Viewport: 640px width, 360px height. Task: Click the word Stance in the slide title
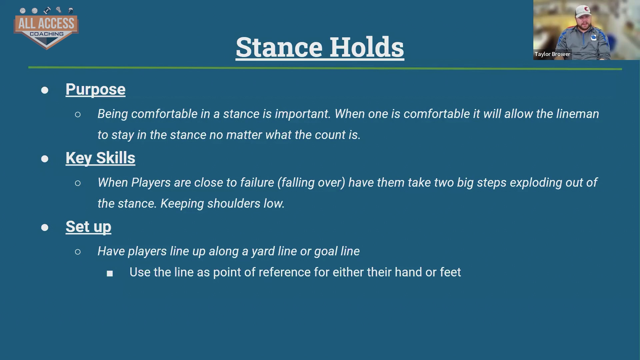point(279,47)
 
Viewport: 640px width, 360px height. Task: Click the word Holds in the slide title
point(367,47)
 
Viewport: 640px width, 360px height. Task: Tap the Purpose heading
point(95,90)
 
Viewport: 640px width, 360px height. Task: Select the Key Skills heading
point(100,158)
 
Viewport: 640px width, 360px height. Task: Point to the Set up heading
point(88,227)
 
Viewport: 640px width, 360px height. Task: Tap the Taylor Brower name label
point(552,54)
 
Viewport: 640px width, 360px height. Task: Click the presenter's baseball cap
point(583,11)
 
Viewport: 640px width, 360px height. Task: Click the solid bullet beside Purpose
point(45,90)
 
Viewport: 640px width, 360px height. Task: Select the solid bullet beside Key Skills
point(45,159)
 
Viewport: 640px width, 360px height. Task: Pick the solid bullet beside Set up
point(45,228)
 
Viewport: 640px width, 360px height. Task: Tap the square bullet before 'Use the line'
point(110,274)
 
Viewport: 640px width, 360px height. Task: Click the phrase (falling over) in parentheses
point(311,183)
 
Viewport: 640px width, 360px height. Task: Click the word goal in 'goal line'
point(324,252)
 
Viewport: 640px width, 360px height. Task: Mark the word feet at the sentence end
point(450,272)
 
